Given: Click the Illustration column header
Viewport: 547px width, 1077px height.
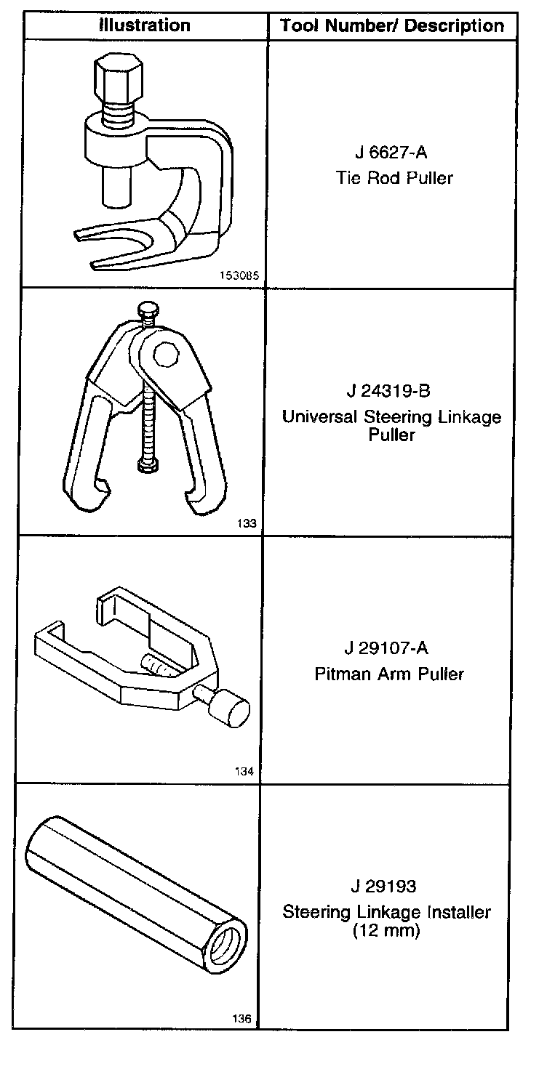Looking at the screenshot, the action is pyautogui.click(x=144, y=25).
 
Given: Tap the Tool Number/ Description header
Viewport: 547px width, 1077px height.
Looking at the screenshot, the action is pyautogui.click(x=392, y=26).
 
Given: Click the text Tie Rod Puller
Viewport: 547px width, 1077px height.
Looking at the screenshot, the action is pyautogui.click(x=394, y=178).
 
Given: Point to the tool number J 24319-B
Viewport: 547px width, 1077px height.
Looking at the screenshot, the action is pyautogui.click(x=389, y=392).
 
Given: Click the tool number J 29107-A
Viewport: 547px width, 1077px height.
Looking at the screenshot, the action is pyautogui.click(x=389, y=648).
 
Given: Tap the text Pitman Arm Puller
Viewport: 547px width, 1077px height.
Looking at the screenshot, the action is pyautogui.click(x=389, y=674).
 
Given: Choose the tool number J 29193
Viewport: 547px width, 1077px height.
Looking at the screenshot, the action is pyautogui.click(x=386, y=887).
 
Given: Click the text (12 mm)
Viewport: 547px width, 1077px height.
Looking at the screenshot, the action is pyautogui.click(x=386, y=931).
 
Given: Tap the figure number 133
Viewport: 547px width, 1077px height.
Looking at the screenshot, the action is pyautogui.click(x=246, y=523).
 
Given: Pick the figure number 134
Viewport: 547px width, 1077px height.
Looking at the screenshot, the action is pyautogui.click(x=244, y=772).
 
